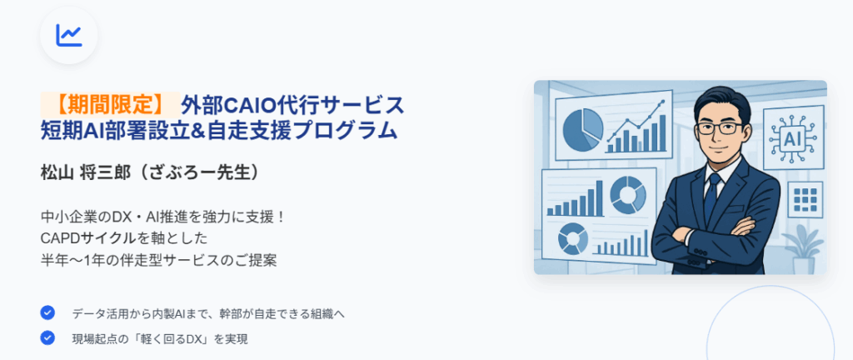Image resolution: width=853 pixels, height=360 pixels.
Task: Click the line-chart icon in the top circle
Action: (68, 35)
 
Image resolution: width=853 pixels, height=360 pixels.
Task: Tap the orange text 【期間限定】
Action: (111, 104)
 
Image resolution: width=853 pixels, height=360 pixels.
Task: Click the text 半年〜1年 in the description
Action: (71, 260)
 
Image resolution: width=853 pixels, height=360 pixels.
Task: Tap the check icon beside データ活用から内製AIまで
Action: (47, 312)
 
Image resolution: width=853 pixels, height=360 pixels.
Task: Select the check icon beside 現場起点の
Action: (47, 338)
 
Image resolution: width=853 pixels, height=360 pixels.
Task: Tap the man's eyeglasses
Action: (721, 128)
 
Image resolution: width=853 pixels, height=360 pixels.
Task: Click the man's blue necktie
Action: (711, 197)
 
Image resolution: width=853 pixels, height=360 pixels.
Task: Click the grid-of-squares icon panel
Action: (806, 199)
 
